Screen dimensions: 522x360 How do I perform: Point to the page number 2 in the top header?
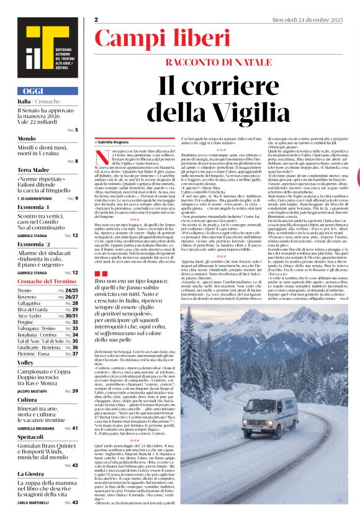coord(97,19)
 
